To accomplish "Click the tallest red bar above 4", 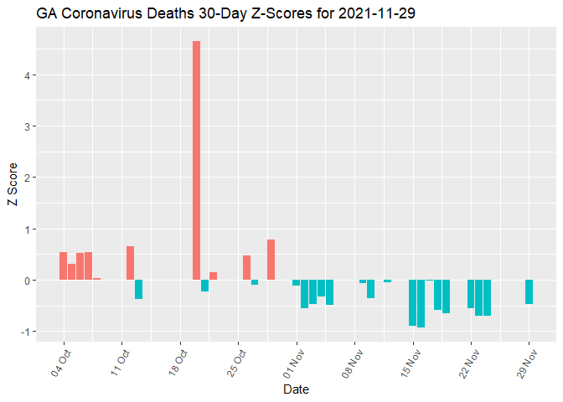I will coord(196,159).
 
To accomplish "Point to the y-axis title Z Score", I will coord(13,189).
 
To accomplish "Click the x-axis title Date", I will coord(297,389).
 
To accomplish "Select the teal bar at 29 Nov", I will coord(529,291).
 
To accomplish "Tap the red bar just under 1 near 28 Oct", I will coord(271,260).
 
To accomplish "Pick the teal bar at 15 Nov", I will coord(412,302).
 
